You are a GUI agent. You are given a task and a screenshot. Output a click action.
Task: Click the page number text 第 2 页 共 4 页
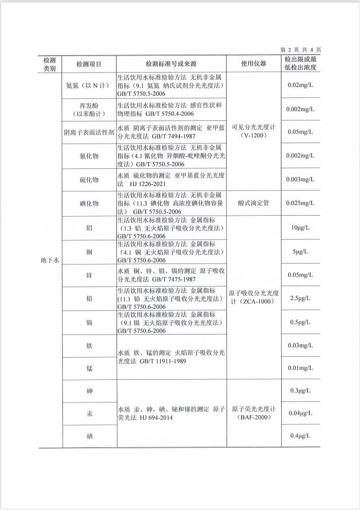coord(301,49)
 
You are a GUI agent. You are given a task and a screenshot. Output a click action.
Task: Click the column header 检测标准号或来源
coord(172,64)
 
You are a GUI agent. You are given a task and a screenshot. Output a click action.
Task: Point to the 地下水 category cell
coord(50,260)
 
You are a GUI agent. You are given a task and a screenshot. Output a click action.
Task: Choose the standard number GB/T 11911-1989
coord(162,361)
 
